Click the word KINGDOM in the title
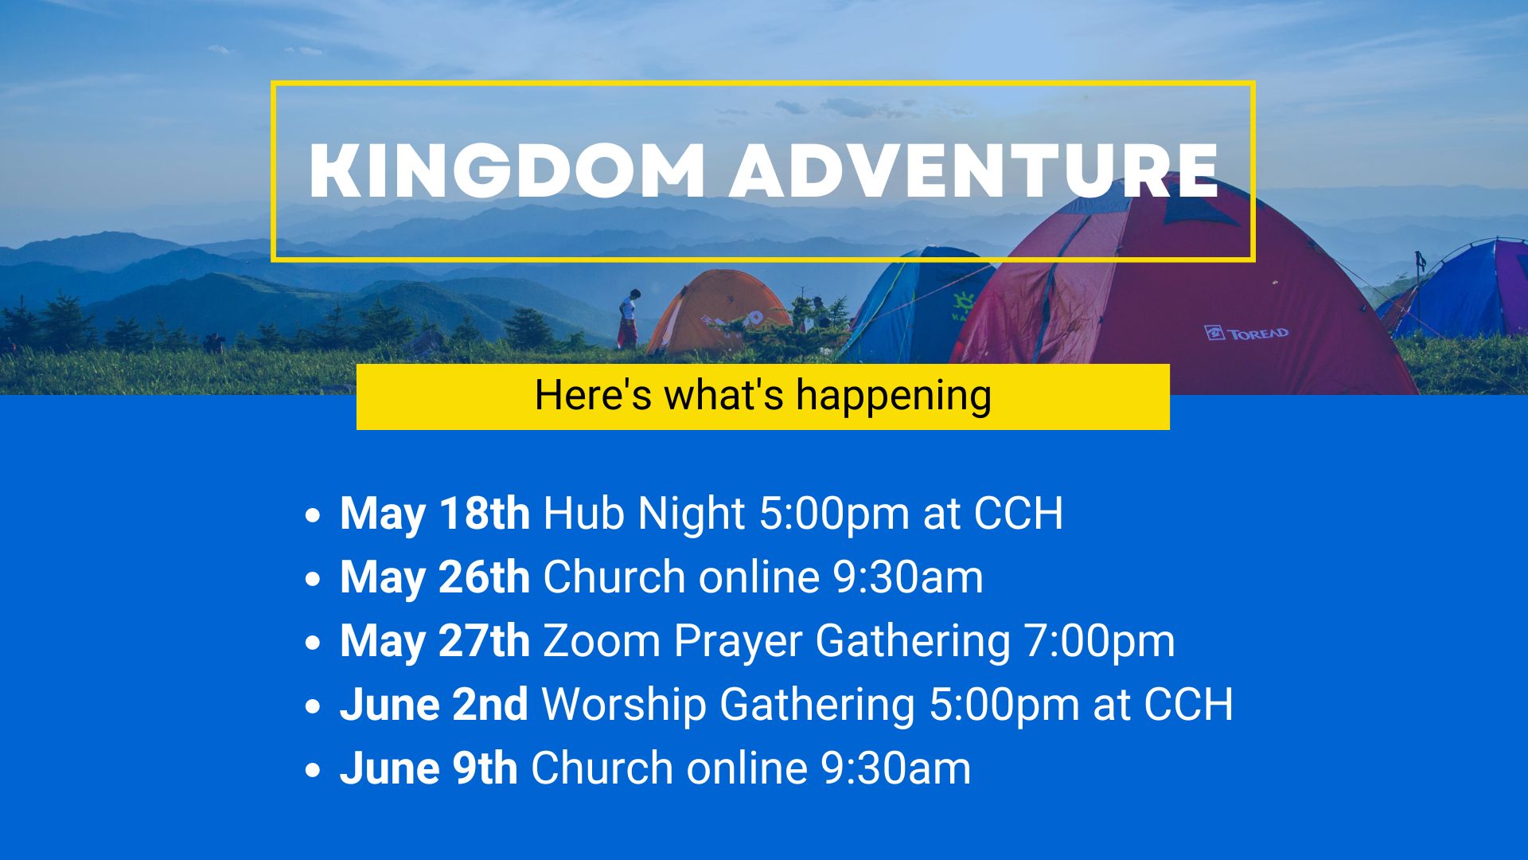coord(506,171)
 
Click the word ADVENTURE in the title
coord(975,171)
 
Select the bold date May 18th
coord(435,513)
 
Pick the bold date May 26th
coord(435,577)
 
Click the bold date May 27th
coord(435,640)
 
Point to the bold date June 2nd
coord(434,704)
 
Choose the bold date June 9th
coord(429,768)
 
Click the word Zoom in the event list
coord(602,640)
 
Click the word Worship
coord(624,706)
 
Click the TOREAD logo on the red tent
coord(1246,333)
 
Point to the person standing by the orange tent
coord(629,319)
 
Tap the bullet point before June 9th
coord(313,770)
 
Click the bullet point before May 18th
coord(313,515)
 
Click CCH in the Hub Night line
coord(1019,513)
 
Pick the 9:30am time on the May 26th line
coord(908,577)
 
